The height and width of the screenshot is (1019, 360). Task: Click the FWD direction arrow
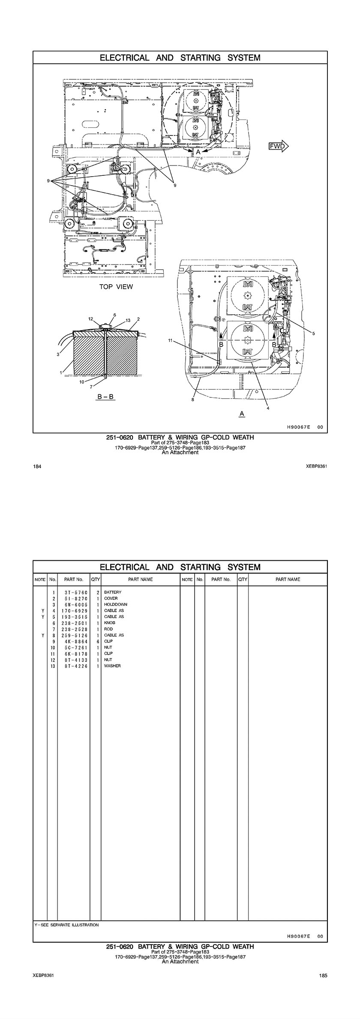click(279, 146)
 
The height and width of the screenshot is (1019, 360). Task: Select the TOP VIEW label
click(116, 287)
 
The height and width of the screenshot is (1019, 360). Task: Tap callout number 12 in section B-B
click(91, 319)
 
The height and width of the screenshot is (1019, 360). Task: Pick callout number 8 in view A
click(193, 400)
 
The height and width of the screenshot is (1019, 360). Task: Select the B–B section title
click(105, 397)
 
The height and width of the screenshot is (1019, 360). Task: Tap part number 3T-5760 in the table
click(73, 592)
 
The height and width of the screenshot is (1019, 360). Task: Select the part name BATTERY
click(113, 592)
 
